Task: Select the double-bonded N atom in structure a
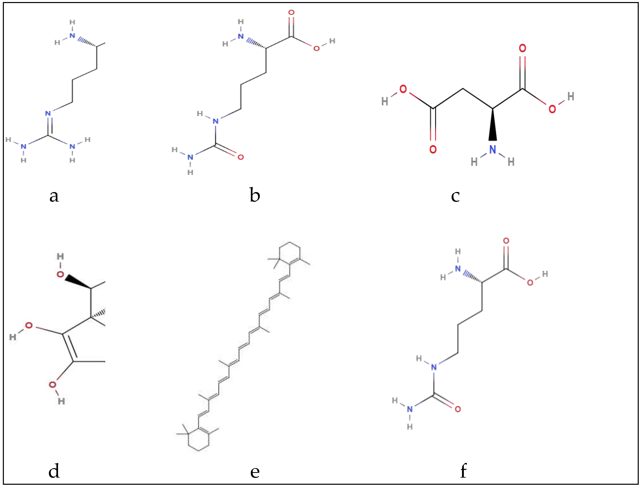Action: tap(48, 113)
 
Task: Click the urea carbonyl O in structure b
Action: tap(240, 157)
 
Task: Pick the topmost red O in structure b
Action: tap(291, 13)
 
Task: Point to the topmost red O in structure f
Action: tap(506, 241)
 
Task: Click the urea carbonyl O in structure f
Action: tap(458, 409)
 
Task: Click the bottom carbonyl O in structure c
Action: tap(433, 149)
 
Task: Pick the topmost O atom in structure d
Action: tap(60, 274)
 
